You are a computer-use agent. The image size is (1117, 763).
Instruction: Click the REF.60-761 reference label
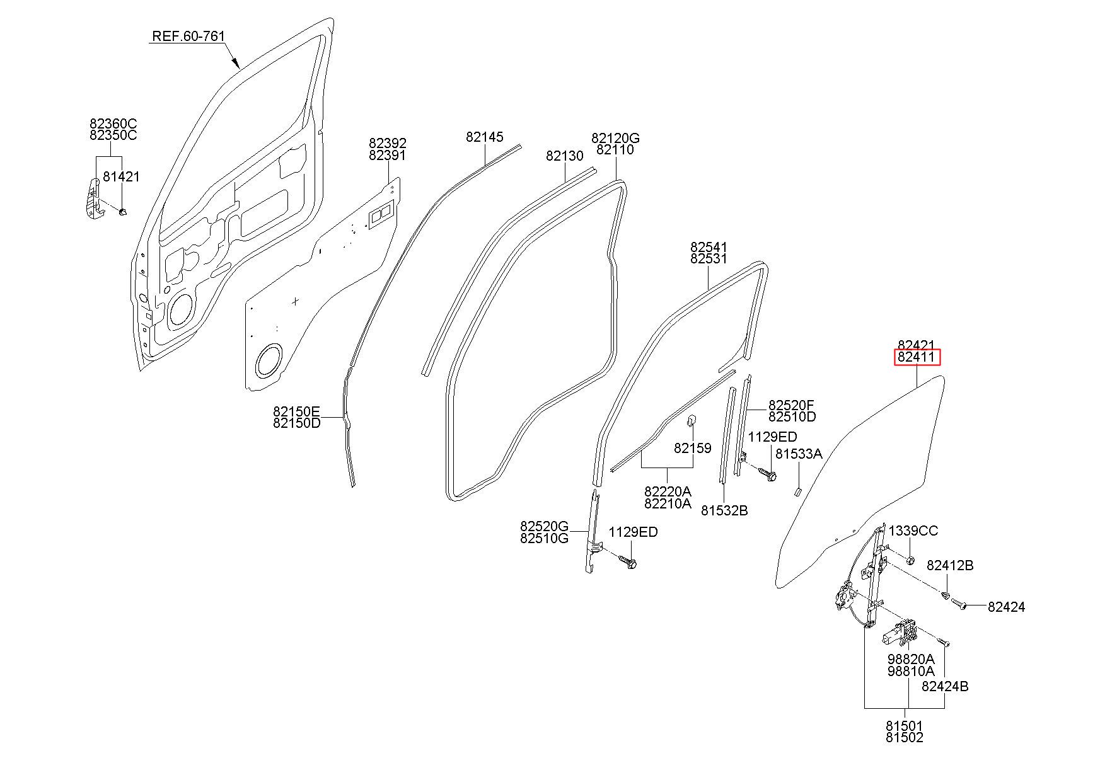(x=188, y=37)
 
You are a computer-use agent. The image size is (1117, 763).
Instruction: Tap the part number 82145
(x=485, y=137)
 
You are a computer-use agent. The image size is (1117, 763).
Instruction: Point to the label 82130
(x=565, y=156)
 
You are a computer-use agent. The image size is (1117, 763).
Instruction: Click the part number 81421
(x=121, y=177)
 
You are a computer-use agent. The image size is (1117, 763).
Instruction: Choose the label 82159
(x=692, y=448)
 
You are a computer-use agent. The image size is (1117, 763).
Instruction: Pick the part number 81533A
(x=799, y=454)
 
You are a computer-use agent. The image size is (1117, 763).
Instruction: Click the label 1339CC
(x=913, y=531)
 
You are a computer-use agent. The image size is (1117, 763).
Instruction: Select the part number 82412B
(x=950, y=566)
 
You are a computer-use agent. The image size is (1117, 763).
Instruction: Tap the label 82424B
(x=945, y=687)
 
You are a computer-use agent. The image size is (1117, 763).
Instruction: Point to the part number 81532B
(x=724, y=511)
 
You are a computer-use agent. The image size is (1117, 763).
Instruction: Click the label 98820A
(x=911, y=659)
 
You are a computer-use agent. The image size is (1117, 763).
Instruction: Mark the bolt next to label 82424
(x=958, y=604)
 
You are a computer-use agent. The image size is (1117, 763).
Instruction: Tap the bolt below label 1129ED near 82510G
(x=626, y=561)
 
